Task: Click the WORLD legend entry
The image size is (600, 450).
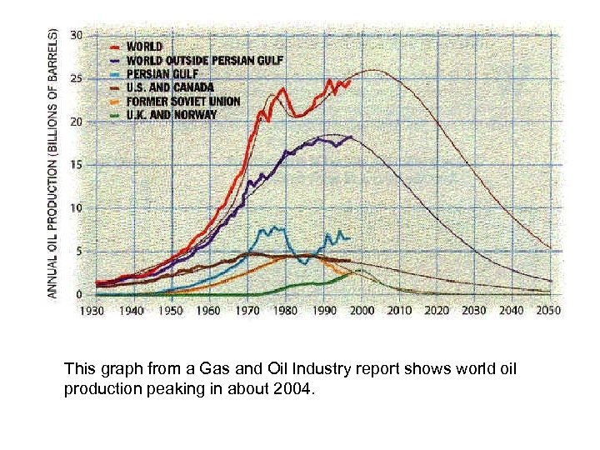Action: point(146,46)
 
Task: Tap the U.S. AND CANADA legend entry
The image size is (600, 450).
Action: point(171,87)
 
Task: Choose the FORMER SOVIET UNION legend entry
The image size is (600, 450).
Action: point(183,101)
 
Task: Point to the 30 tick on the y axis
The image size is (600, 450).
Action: point(76,35)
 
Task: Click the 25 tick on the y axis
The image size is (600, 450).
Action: point(76,78)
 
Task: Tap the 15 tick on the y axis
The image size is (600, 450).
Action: point(76,165)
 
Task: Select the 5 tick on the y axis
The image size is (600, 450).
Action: point(78,252)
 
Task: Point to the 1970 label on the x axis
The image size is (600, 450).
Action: point(247,311)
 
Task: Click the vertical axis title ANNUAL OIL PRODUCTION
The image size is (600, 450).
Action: point(52,163)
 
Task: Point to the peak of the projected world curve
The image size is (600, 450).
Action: point(372,70)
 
